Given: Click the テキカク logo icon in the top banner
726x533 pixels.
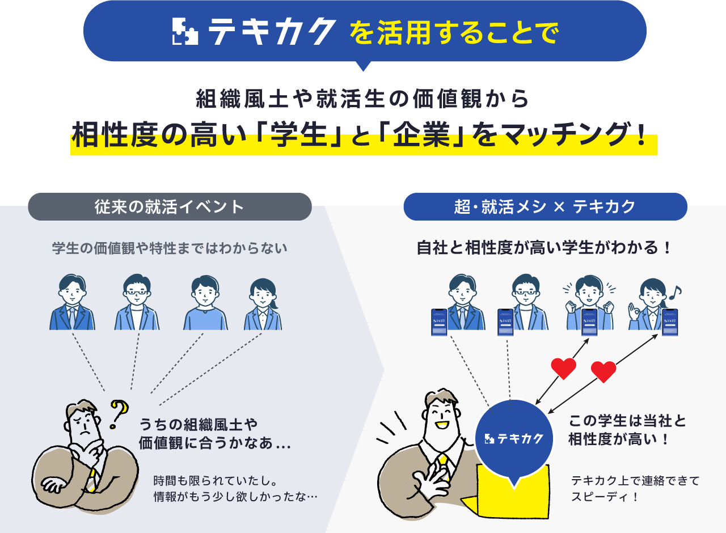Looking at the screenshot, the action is coord(185,32).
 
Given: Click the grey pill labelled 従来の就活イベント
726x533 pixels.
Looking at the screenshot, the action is coord(170,206).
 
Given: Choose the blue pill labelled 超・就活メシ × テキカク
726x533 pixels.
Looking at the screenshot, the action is coord(545,206).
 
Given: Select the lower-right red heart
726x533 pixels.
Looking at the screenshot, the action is coord(603,372).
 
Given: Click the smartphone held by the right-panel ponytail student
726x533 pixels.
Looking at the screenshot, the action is coord(670,322).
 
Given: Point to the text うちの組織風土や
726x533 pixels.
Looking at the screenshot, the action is coord(199,424).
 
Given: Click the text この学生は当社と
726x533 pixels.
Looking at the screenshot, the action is coord(627,421).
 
